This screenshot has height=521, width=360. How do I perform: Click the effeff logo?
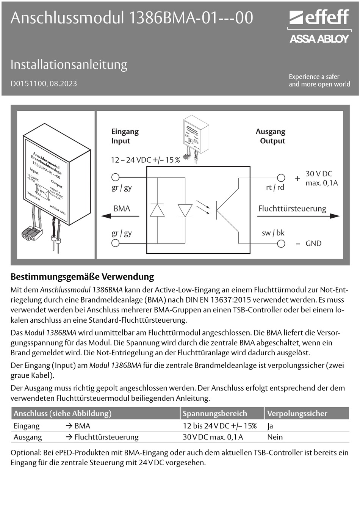[319, 17]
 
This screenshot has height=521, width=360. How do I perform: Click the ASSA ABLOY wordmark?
[319, 39]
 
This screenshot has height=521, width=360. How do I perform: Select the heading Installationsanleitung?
[69, 64]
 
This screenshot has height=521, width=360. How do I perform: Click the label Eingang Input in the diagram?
[125, 136]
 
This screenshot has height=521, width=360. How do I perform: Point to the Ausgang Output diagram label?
[271, 136]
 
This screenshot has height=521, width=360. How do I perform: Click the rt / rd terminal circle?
[281, 177]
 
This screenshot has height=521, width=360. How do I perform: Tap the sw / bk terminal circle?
[281, 243]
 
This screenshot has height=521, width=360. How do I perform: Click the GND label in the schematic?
[313, 243]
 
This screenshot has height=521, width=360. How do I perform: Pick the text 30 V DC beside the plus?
[319, 174]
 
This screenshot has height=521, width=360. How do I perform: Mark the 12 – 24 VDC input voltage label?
[145, 160]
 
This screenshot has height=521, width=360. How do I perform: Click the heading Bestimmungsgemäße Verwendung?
[82, 276]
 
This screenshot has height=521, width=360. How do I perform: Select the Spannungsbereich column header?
[214, 413]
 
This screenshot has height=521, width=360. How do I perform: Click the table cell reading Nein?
[275, 437]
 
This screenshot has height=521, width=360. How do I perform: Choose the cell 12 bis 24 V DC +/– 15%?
[219, 426]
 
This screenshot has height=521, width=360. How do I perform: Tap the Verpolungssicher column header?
[297, 413]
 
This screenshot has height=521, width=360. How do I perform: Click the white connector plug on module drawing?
[31, 232]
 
